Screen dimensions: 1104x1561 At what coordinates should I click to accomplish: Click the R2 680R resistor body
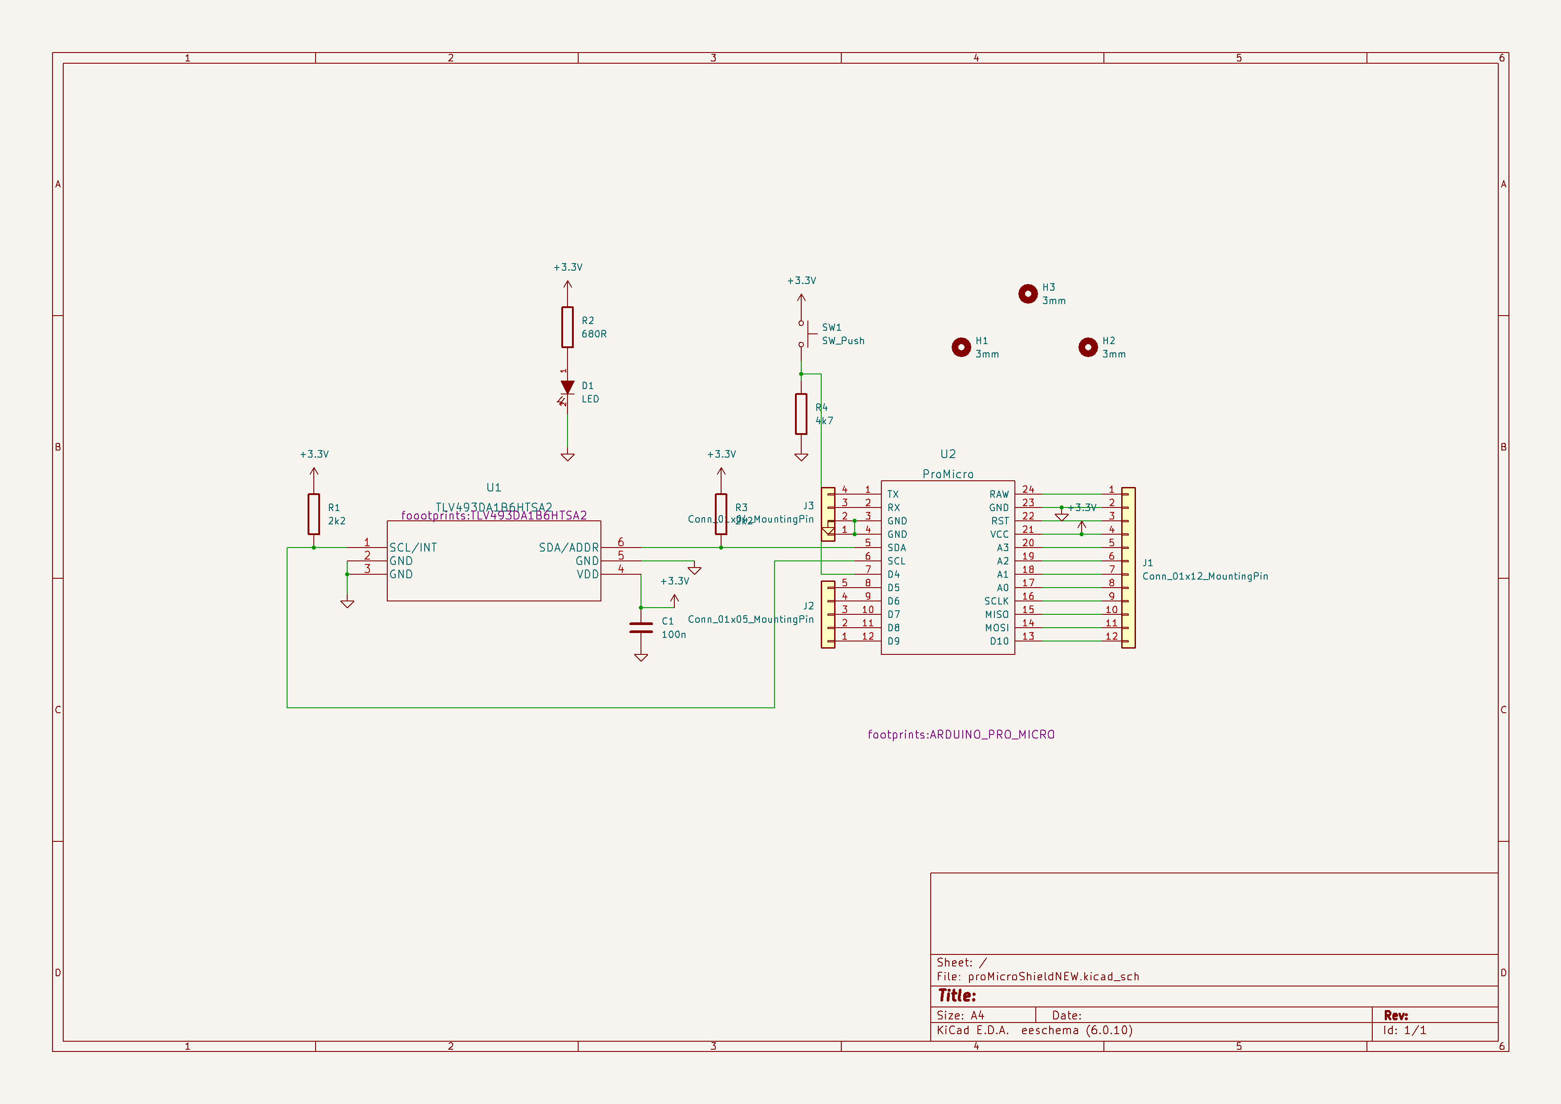tap(567, 327)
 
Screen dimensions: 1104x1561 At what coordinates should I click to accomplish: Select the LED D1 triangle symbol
tap(567, 387)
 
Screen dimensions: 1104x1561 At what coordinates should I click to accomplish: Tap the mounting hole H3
tap(1027, 294)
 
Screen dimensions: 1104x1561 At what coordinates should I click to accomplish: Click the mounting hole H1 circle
tap(961, 347)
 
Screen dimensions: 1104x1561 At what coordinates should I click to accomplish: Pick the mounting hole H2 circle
tap(1088, 347)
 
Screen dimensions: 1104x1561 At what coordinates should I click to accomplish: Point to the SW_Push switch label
tap(843, 341)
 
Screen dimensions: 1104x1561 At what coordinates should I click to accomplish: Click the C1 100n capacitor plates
tap(641, 628)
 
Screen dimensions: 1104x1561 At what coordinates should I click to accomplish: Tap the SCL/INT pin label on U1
tap(413, 547)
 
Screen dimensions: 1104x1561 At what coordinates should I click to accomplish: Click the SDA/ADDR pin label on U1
tap(568, 547)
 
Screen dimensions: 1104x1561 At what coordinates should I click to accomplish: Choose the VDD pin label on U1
tap(588, 574)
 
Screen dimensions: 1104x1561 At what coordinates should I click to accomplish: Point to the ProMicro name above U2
tap(947, 474)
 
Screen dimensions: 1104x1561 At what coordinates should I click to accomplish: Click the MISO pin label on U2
tap(997, 614)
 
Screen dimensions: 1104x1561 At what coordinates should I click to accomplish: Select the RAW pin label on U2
tap(999, 494)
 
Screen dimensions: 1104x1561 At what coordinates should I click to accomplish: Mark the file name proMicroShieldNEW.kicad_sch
tap(1053, 976)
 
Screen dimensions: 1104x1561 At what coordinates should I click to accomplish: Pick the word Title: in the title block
tap(957, 995)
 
